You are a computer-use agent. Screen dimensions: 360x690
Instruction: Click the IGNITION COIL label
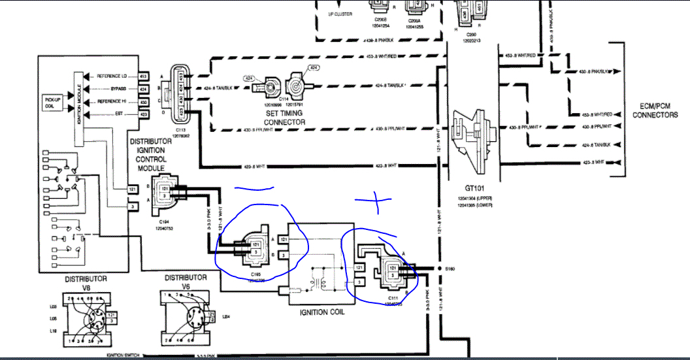[x=322, y=312]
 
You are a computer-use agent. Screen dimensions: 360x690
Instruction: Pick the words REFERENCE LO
[x=112, y=76]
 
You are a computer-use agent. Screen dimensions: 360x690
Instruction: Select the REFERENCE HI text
[x=112, y=101]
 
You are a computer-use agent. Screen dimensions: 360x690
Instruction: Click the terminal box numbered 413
[x=144, y=76]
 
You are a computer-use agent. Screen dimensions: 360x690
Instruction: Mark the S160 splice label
[x=450, y=268]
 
